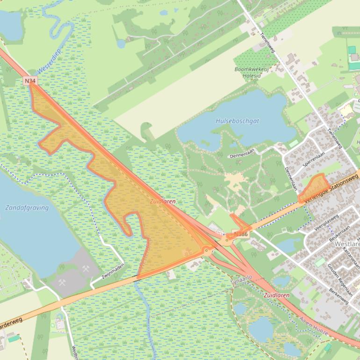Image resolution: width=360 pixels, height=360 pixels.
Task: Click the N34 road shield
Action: click(x=30, y=81)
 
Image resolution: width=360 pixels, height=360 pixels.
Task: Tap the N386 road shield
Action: click(x=240, y=234)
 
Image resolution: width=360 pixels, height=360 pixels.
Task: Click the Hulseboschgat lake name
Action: click(x=238, y=121)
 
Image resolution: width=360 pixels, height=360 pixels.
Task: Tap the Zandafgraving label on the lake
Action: click(x=27, y=208)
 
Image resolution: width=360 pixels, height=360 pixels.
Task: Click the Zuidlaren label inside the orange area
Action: click(x=163, y=202)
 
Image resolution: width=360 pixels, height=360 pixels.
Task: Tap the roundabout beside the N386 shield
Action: click(x=228, y=241)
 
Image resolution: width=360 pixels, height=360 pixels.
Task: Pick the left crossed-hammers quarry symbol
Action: click(x=62, y=282)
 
